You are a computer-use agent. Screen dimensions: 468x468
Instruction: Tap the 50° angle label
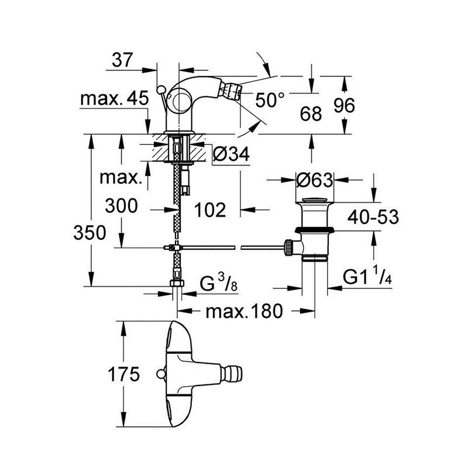(x=270, y=101)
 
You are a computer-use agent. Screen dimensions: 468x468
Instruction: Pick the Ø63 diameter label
(x=315, y=180)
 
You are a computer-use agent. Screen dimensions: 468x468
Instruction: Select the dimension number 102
(x=209, y=209)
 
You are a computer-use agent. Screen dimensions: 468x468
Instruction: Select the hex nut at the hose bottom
(x=177, y=285)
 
